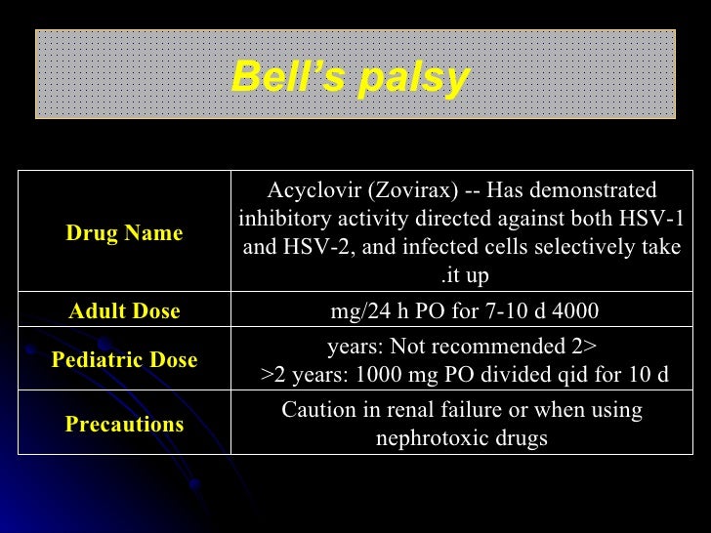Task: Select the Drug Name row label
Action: coord(124,233)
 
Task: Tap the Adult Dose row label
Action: coord(124,311)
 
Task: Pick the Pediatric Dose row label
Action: coord(124,360)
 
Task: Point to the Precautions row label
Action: coord(124,425)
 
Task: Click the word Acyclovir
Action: coord(308,190)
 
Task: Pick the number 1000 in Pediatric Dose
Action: coord(397,375)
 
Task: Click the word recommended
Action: coord(519,347)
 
